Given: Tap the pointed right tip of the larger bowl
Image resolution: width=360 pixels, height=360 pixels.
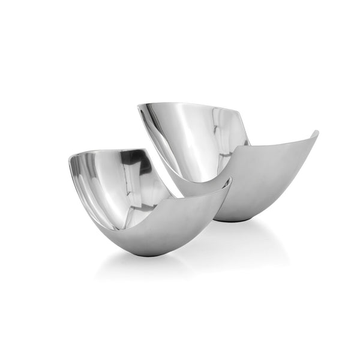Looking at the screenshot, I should (x=316, y=132).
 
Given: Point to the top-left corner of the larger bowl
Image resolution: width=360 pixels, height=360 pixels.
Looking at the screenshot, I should (x=139, y=106).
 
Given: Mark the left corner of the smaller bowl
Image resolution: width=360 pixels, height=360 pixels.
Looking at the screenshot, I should (x=70, y=157).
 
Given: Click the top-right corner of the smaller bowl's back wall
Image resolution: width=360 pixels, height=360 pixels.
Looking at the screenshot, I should (x=148, y=150).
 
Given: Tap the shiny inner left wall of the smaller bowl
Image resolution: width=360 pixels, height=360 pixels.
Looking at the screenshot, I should (x=90, y=180).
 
